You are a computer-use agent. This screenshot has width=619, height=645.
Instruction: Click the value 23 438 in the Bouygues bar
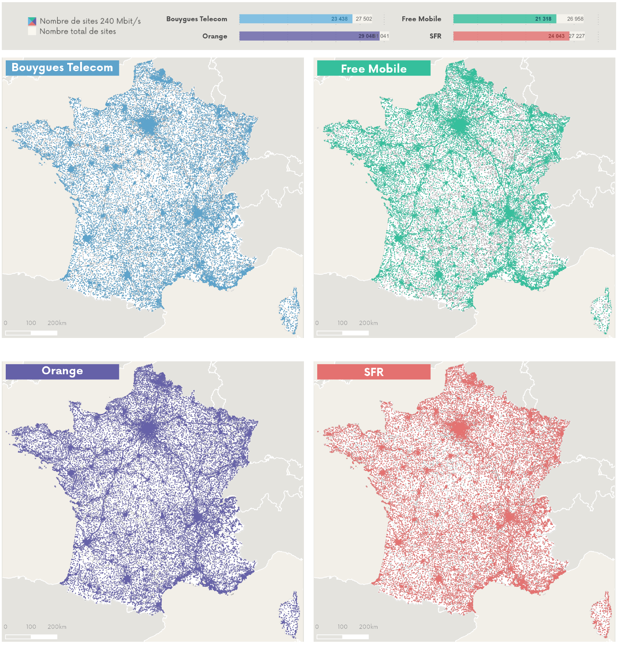(x=339, y=19)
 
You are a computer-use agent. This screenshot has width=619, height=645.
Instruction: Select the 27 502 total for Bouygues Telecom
(x=364, y=19)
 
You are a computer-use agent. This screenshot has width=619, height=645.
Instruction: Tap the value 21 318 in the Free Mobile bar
(x=543, y=19)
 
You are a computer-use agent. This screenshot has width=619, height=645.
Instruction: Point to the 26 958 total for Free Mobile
(x=575, y=19)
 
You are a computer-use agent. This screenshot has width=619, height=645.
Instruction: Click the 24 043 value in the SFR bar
(x=556, y=36)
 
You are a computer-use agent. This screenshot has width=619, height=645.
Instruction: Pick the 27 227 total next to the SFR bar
(x=577, y=36)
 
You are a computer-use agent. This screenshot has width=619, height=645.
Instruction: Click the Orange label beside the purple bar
(x=214, y=36)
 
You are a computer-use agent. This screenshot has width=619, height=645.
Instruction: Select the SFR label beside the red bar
(x=435, y=36)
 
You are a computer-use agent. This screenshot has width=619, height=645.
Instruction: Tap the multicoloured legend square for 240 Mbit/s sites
(x=32, y=22)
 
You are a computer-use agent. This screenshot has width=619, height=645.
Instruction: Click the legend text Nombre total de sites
(x=78, y=32)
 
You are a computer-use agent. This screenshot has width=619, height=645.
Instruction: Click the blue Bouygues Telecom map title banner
(x=62, y=68)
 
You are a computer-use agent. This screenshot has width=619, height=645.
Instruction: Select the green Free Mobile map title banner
(x=373, y=68)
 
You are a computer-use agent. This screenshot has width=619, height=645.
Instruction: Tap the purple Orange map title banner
(x=62, y=371)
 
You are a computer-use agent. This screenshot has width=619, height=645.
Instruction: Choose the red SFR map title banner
(x=373, y=372)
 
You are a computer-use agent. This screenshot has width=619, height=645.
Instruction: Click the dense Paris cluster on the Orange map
(x=148, y=429)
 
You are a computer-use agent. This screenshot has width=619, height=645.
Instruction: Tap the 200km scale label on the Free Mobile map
(x=368, y=323)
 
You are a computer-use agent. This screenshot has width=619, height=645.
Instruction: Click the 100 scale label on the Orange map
(x=31, y=627)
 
